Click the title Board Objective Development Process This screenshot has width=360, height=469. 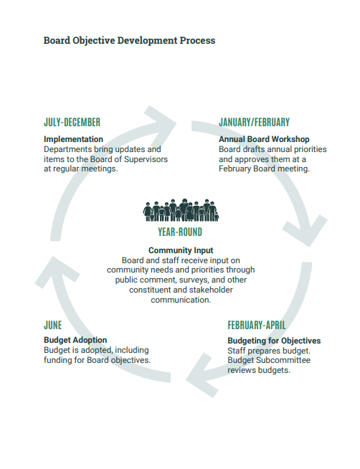point(129,40)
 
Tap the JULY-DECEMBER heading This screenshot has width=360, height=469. point(72,123)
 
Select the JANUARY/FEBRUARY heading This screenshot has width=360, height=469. point(254,123)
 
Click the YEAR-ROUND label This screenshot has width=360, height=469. point(180,232)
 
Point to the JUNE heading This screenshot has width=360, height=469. point(52,325)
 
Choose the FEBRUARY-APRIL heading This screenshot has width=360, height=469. point(257,325)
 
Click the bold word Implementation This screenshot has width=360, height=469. point(73,139)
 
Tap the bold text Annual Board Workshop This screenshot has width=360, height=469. point(264,139)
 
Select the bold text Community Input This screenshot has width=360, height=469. point(181,250)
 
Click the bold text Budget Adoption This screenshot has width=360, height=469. point(75,340)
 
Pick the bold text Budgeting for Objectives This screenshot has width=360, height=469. point(274,341)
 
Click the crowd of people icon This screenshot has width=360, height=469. point(181,210)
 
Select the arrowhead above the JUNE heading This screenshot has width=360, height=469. point(57,270)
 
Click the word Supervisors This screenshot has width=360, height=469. point(146,159)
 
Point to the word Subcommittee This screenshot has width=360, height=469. point(283,360)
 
